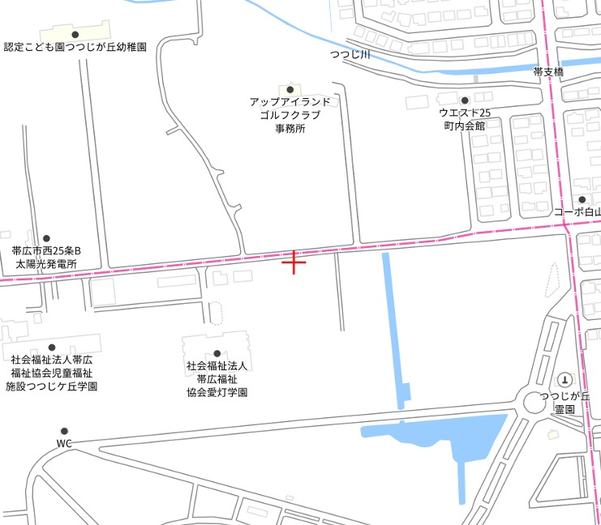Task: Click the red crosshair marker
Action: (294, 262)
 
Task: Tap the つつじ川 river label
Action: (350, 55)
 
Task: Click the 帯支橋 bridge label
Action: (548, 72)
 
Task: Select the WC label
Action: (65, 443)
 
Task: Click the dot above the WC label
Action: (64, 431)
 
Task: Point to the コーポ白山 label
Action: (578, 212)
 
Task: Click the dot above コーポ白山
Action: (582, 199)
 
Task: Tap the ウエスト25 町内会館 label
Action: (465, 119)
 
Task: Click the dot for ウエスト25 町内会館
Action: (465, 100)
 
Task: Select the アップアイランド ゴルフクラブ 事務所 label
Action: (290, 115)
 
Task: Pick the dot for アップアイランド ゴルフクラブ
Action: (290, 89)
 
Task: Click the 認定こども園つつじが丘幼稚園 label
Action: (75, 48)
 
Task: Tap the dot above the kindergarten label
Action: (75, 34)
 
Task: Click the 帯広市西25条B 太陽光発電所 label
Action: (46, 258)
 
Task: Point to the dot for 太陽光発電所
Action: (46, 238)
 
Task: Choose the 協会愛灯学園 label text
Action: (217, 392)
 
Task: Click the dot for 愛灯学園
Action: (217, 353)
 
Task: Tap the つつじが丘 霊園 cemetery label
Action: (565, 403)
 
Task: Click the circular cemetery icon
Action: (565, 379)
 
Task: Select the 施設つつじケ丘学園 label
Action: (51, 386)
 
